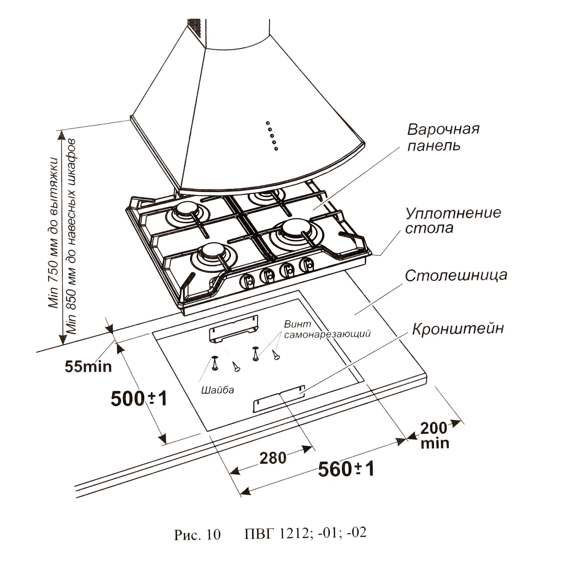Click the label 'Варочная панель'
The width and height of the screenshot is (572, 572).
click(443, 138)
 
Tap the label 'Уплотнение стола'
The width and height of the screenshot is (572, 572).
click(453, 221)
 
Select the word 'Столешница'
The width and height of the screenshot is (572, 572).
click(456, 276)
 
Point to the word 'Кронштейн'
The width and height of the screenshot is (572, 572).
click(458, 329)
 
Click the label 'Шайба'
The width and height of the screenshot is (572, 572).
click(218, 390)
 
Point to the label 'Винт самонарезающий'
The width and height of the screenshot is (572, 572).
click(327, 329)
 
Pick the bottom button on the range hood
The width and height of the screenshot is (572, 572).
click(276, 148)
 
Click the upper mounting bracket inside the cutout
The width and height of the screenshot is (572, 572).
click(233, 329)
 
